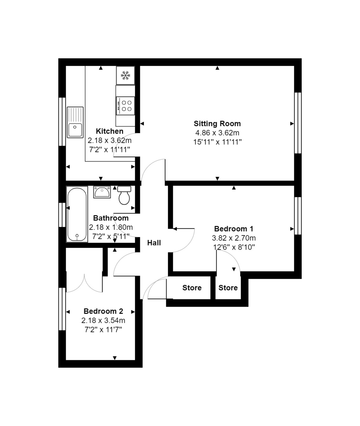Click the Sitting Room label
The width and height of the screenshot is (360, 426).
click(217, 124)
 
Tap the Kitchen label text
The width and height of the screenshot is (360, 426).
click(109, 131)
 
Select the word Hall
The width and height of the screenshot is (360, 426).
click(154, 243)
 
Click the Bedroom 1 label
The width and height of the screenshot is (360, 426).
click(233, 229)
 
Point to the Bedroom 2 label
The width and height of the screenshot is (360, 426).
click(103, 311)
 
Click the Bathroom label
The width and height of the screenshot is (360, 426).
click(110, 218)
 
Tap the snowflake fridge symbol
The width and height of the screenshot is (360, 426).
click(125, 75)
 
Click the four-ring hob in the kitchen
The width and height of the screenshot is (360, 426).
click(126, 105)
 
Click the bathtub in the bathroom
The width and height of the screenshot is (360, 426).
click(77, 214)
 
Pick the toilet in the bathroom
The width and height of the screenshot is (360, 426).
click(124, 196)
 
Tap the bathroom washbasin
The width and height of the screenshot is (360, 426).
click(102, 192)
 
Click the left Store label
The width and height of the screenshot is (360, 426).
click(192, 288)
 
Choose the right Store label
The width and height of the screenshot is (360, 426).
click(228, 288)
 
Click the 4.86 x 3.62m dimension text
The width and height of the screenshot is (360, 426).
click(217, 133)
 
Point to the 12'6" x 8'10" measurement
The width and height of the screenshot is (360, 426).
click(233, 247)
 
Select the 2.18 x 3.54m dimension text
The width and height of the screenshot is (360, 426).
click(103, 321)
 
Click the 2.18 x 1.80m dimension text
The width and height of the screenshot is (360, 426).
click(110, 227)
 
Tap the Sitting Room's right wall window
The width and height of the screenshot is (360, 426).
click(298, 123)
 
